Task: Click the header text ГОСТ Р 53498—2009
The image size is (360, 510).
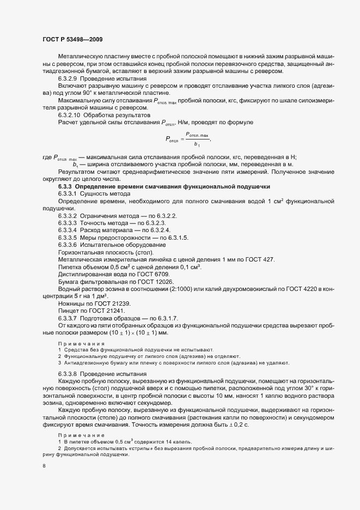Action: [72, 40]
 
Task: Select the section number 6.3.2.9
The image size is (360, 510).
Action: [68, 78]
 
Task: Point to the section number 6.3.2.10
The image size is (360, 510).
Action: [70, 116]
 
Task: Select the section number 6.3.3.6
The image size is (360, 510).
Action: [68, 244]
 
